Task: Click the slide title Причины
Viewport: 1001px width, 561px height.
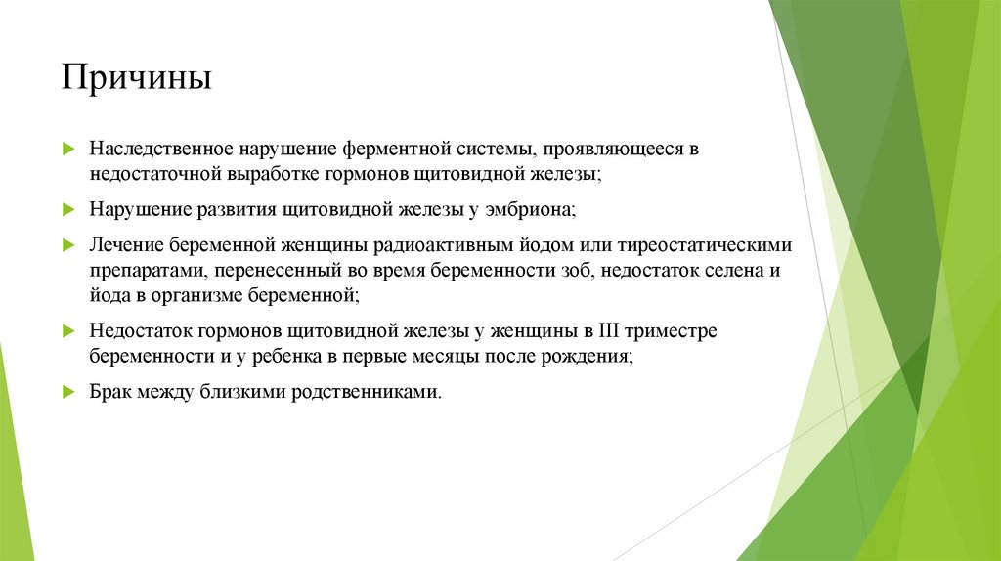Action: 136,77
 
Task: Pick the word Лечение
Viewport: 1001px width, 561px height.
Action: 125,242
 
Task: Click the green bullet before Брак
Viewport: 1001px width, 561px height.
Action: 68,391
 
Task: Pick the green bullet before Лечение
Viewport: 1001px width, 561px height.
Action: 68,242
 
